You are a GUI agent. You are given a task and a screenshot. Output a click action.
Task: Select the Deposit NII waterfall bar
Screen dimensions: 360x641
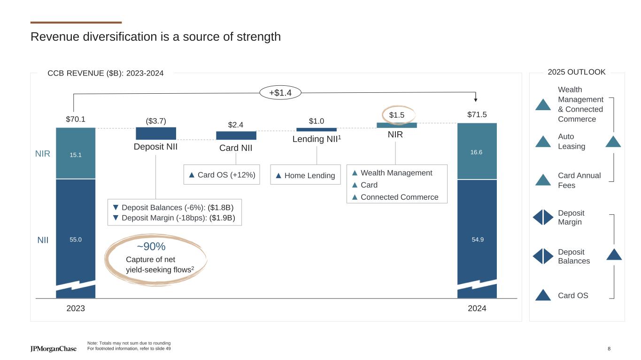click(156, 134)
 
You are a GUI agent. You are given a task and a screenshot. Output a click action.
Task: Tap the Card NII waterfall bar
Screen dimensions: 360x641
click(236, 135)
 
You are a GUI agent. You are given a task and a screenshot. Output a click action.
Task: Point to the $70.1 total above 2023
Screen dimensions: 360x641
click(76, 119)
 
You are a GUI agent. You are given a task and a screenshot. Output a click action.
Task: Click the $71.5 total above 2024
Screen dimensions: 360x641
click(477, 115)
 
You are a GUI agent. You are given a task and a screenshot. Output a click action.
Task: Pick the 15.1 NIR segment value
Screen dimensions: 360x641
click(76, 154)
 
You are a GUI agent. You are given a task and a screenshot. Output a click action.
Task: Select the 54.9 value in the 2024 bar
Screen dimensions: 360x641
click(477, 240)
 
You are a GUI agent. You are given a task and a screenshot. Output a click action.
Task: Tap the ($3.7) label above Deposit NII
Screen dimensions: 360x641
click(156, 121)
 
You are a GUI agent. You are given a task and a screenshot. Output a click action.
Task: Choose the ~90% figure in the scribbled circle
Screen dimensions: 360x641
click(151, 247)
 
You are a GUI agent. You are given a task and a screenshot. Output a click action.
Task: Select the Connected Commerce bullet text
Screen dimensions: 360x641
click(399, 197)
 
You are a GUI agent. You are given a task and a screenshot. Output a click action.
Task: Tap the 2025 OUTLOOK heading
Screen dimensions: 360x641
click(577, 72)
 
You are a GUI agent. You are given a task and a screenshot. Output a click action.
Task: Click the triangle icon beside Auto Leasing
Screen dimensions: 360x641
click(543, 142)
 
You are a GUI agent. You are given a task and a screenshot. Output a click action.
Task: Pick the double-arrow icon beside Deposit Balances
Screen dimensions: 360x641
click(543, 256)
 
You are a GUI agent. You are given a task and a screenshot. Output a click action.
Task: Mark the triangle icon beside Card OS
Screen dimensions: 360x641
click(543, 295)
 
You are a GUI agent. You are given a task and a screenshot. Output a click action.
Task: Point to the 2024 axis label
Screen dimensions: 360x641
click(477, 309)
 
